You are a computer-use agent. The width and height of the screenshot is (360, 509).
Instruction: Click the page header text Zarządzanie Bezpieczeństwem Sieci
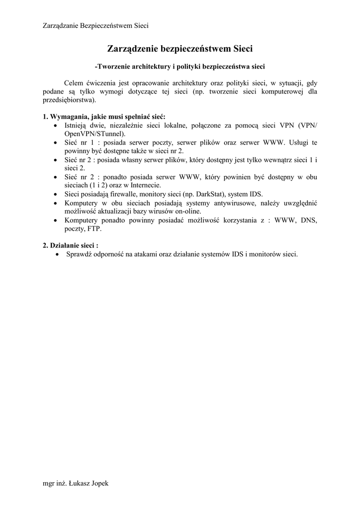96,25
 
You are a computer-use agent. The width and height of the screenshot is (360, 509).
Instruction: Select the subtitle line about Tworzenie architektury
180,66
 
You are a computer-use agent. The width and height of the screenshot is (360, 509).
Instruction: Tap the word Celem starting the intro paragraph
74,83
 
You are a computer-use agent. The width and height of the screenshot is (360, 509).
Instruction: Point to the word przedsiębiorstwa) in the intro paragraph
70,99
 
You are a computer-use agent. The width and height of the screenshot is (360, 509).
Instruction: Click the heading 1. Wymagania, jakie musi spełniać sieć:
104,117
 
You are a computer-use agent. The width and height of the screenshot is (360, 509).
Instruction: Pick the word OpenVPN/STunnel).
95,134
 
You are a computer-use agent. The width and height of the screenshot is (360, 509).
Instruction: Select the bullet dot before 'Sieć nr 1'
55,143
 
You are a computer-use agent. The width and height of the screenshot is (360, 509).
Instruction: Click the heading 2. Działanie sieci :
70,245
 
